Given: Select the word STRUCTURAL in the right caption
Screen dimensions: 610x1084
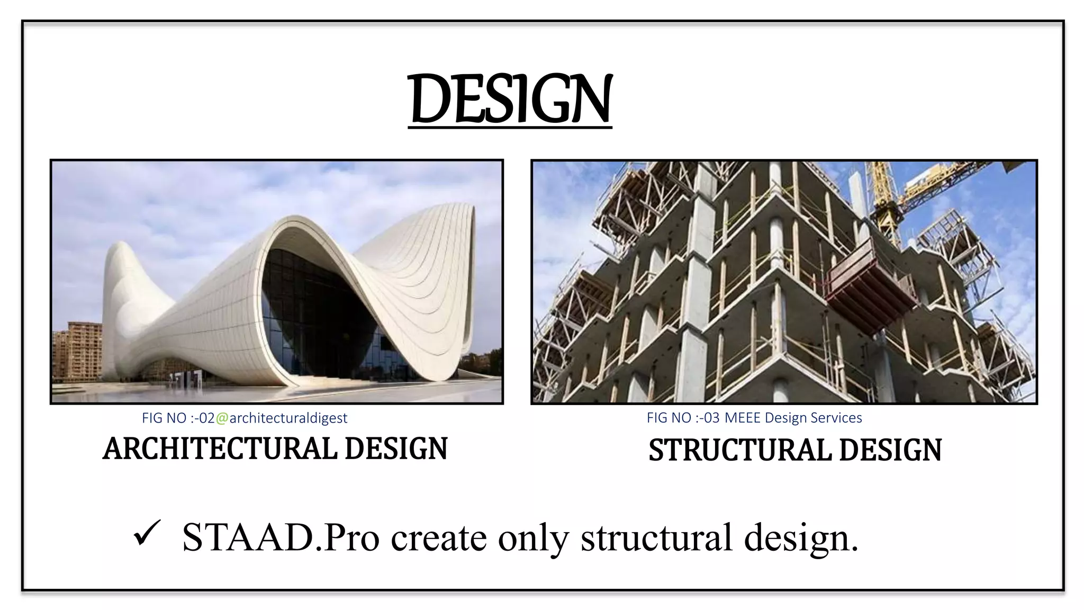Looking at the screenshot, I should (x=740, y=450).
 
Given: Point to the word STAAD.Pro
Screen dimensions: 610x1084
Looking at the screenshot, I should (x=281, y=537).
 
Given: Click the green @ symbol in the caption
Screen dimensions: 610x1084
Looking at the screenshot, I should (x=222, y=418).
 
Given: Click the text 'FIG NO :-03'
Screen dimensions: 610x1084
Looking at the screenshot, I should (x=683, y=418).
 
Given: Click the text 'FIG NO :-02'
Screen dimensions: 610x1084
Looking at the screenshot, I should (x=178, y=418).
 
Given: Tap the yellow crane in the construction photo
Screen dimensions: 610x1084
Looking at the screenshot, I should (x=889, y=201).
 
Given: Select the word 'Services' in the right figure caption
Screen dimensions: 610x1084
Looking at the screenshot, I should (x=836, y=418).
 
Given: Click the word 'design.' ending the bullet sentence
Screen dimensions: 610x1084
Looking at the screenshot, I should (x=801, y=539).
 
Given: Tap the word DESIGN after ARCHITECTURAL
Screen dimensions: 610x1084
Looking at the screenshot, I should (x=396, y=448).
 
